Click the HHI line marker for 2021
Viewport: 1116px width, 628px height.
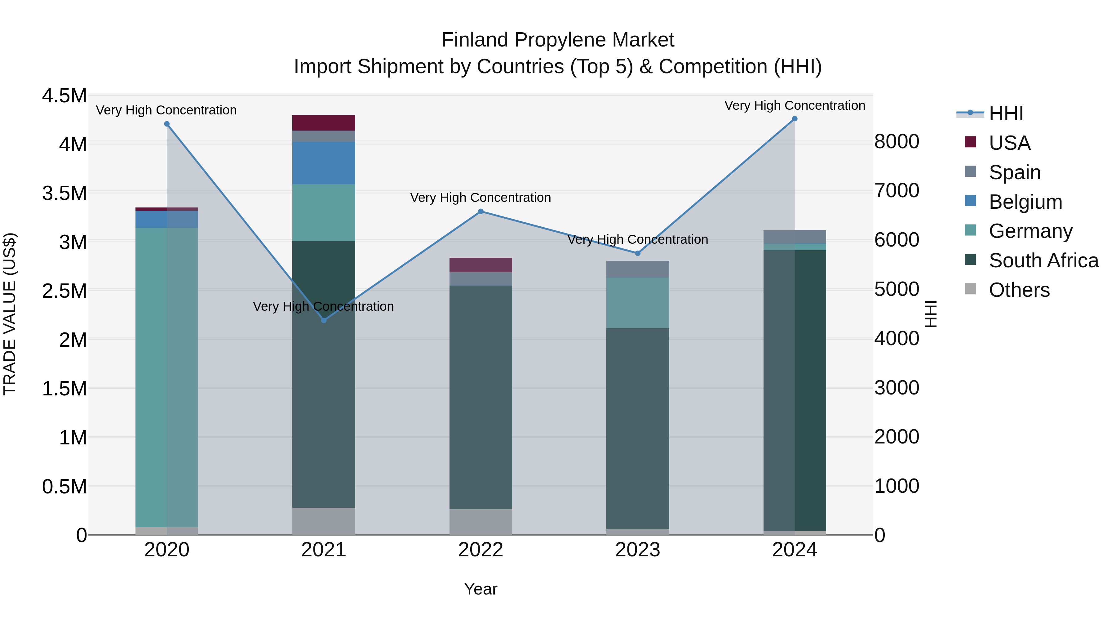tap(324, 320)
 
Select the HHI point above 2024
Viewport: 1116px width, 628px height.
tap(795, 119)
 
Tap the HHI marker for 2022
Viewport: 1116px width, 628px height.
tap(480, 212)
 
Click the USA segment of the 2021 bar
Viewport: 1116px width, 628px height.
tap(324, 122)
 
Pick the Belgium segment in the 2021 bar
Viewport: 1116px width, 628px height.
tap(324, 163)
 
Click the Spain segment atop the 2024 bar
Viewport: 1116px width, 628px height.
tap(795, 237)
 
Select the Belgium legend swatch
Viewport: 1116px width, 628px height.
tap(970, 201)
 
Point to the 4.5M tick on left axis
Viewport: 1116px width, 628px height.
tap(64, 96)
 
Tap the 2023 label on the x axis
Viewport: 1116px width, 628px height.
tap(637, 550)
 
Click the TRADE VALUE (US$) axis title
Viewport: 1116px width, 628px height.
tap(10, 314)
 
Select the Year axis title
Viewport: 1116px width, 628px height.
tap(480, 589)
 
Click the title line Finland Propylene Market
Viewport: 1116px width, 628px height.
tap(558, 40)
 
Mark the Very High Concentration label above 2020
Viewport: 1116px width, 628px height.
tap(166, 110)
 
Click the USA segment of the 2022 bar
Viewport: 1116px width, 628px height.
tap(480, 265)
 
